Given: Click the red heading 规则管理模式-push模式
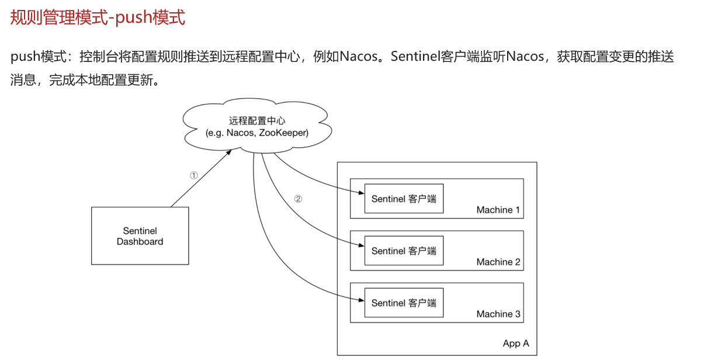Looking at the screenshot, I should [98, 18].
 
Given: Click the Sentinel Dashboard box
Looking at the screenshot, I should [140, 236].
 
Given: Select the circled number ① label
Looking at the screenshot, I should [194, 175].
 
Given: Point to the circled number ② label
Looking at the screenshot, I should [298, 199].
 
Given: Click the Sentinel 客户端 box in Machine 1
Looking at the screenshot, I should [404, 199].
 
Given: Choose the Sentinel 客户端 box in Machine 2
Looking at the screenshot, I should [404, 251].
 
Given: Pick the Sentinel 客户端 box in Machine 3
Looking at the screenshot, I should [404, 303].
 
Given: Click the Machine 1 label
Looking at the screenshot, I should [498, 210].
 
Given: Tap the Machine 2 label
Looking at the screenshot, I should [498, 262].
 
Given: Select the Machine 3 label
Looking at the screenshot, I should [498, 314].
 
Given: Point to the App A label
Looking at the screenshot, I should [516, 344].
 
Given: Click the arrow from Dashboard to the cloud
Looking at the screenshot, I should [200, 179].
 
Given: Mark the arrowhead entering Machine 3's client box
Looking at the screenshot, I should [361, 301].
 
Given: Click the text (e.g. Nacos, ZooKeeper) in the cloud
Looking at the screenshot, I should [257, 133].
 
